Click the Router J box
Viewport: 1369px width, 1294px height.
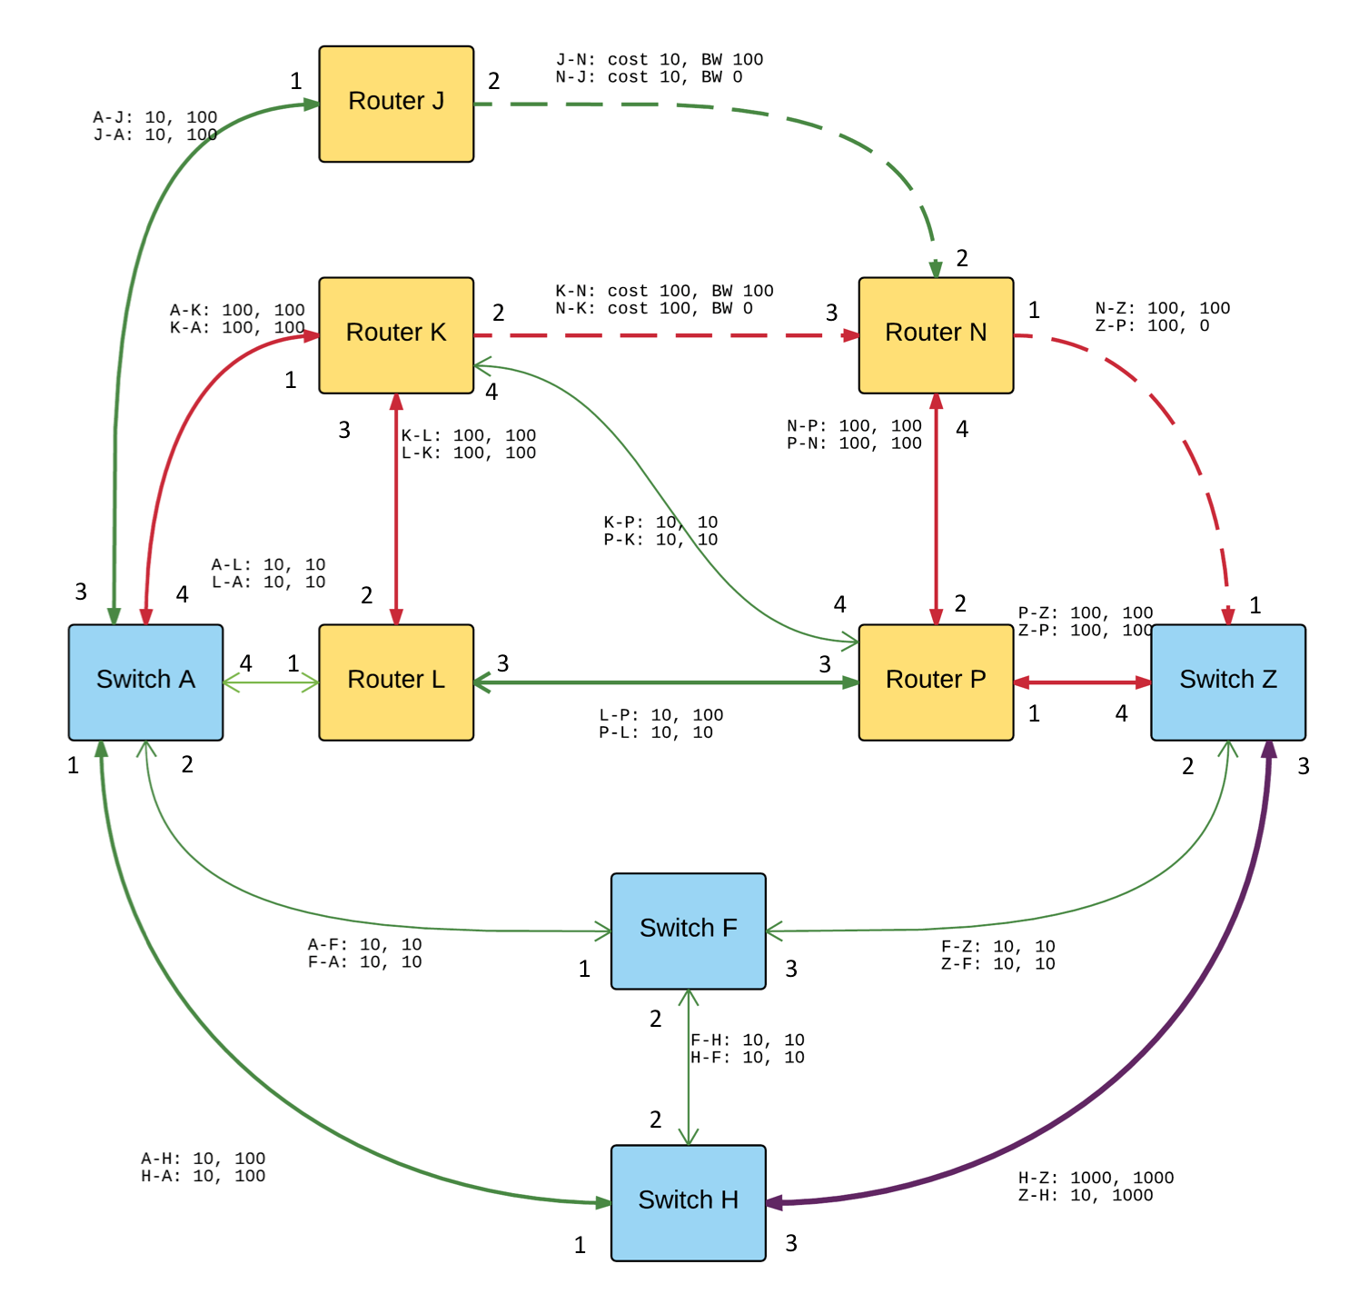[x=396, y=104]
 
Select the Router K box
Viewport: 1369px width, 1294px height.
[x=396, y=335]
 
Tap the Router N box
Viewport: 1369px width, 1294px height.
[x=936, y=335]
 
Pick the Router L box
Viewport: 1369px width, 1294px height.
[x=396, y=682]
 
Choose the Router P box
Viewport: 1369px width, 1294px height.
[x=936, y=682]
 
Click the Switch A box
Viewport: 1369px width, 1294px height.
[x=145, y=682]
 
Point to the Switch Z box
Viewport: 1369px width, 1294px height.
[x=1228, y=682]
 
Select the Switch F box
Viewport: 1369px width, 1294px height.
[x=688, y=931]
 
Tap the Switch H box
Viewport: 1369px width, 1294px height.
[x=688, y=1202]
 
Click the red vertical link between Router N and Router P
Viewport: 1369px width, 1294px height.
[x=936, y=509]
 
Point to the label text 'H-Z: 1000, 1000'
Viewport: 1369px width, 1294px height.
[x=1096, y=1178]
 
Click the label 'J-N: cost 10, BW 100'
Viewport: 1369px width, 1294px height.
[x=660, y=60]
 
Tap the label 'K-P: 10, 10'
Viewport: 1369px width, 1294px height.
[x=660, y=523]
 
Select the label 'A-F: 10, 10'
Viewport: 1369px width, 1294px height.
[x=364, y=945]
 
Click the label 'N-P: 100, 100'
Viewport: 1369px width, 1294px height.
[x=854, y=426]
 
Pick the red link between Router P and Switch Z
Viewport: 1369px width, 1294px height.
[x=1082, y=682]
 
